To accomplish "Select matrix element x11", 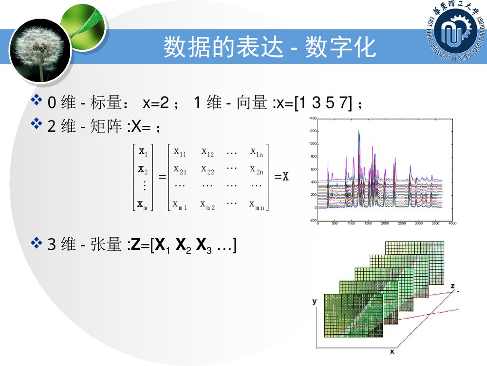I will coord(180,153).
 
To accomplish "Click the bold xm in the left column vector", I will coord(143,204).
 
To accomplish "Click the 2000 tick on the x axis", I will coord(385,224).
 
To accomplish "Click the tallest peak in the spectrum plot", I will coord(359,131).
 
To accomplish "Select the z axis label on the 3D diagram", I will coord(452,285).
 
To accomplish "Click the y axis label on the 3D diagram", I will coord(315,302).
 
